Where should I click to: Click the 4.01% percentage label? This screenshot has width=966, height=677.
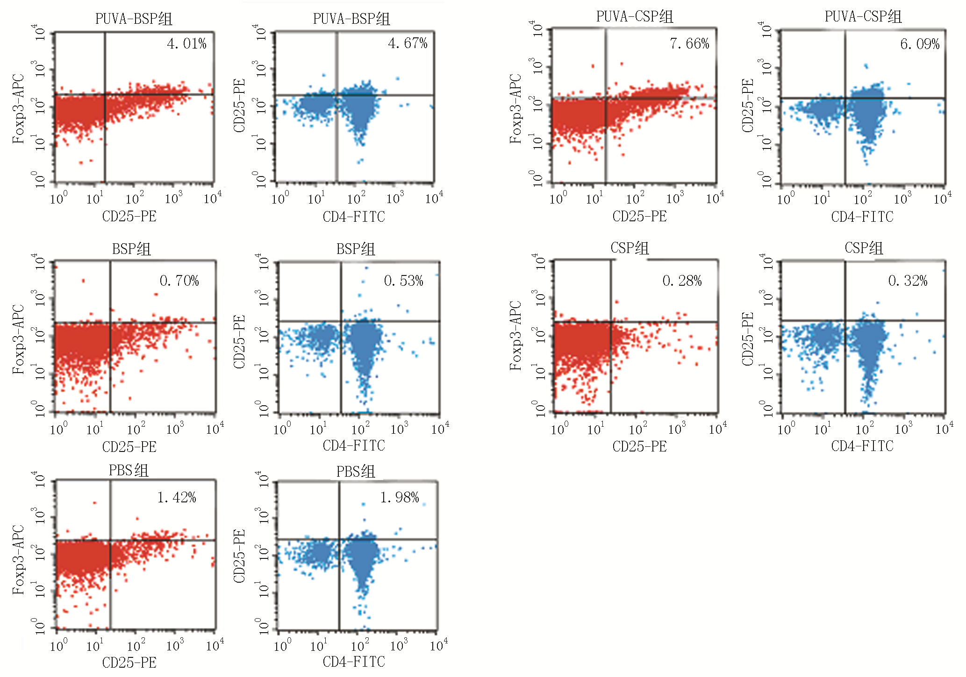pyautogui.click(x=186, y=44)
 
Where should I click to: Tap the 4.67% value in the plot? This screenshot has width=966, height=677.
pyautogui.click(x=408, y=43)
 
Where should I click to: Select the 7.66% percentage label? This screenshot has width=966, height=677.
pyautogui.click(x=689, y=44)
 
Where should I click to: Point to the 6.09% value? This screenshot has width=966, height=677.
pyautogui.click(x=920, y=44)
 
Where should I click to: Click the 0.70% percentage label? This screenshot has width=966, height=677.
pyautogui.click(x=179, y=281)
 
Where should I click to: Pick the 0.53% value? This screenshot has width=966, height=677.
pyautogui.click(x=404, y=281)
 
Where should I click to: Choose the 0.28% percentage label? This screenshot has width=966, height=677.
pyautogui.click(x=682, y=281)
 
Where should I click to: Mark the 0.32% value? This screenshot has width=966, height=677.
pyautogui.click(x=908, y=281)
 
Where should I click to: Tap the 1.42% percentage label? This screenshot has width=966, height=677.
pyautogui.click(x=177, y=498)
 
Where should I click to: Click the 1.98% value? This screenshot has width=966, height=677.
pyautogui.click(x=400, y=498)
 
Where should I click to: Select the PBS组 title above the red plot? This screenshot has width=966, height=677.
pyautogui.click(x=129, y=470)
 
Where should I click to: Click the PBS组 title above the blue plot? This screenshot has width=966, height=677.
pyautogui.click(x=356, y=472)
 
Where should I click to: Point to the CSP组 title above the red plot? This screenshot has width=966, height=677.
pyautogui.click(x=630, y=248)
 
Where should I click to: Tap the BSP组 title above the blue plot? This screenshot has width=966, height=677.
pyautogui.click(x=356, y=249)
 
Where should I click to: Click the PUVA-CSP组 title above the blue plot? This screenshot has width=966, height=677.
pyautogui.click(x=863, y=17)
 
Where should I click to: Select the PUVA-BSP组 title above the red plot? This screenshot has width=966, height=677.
pyautogui.click(x=134, y=19)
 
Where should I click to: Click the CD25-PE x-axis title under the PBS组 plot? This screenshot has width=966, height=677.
pyautogui.click(x=129, y=663)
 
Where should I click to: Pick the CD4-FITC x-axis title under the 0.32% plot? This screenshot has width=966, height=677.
pyautogui.click(x=862, y=446)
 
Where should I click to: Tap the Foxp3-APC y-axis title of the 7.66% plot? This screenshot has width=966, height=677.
pyautogui.click(x=515, y=108)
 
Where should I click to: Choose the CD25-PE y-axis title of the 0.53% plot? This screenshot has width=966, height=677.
pyautogui.click(x=239, y=342)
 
